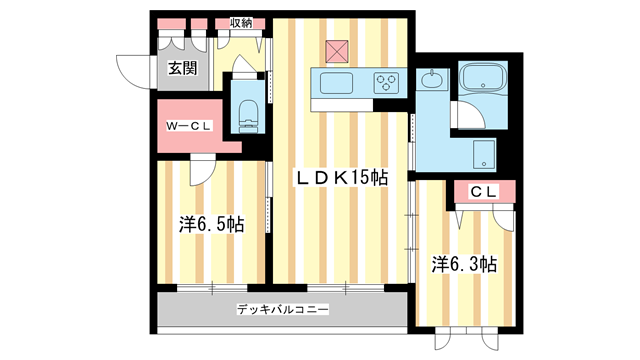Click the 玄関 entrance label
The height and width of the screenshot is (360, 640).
tap(182, 69)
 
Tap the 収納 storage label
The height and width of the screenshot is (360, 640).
tap(240, 23)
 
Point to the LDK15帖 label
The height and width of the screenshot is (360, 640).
tap(340, 177)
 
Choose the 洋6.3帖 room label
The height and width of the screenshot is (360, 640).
tap(465, 264)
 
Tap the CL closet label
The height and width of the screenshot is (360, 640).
tap(484, 191)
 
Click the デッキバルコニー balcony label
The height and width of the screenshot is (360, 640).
tap(283, 311)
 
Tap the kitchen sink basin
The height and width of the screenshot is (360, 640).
tap(335, 82)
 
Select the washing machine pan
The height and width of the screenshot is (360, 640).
tap(484, 154)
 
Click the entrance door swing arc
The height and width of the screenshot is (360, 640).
tap(133, 70)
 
